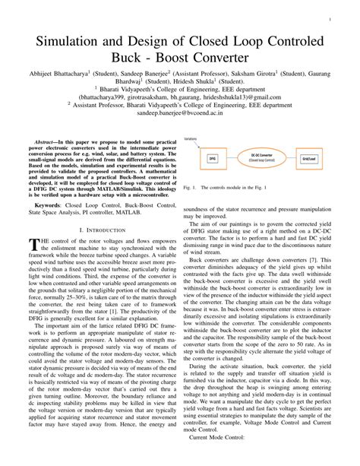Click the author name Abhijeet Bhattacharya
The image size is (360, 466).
50,74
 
